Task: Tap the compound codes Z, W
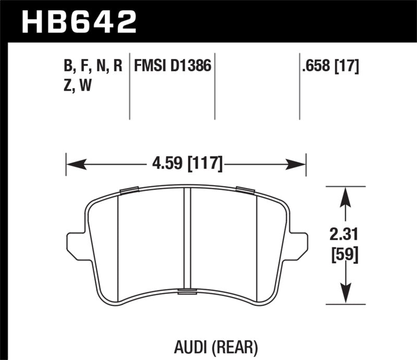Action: point(76,86)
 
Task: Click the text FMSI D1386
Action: point(172,67)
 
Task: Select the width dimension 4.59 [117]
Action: point(186,165)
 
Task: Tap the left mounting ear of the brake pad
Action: point(76,242)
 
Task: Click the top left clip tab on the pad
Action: point(128,190)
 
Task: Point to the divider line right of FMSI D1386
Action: point(215,86)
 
